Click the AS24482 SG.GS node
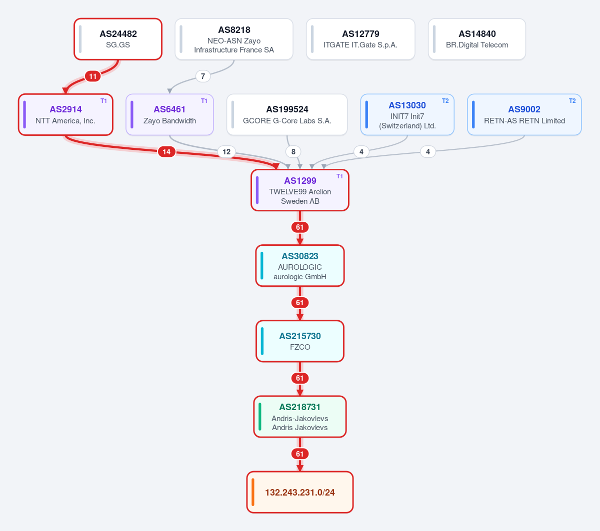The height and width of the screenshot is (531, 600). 118,39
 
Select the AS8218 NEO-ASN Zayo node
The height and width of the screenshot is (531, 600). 234,39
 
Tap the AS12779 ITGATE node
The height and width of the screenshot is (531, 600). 360,39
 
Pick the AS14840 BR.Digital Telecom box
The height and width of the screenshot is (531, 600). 477,39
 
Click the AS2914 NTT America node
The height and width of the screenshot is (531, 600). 65,114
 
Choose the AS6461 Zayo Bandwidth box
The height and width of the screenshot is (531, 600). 169,114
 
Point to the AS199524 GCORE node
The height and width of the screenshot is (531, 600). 287,114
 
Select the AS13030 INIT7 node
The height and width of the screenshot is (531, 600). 407,114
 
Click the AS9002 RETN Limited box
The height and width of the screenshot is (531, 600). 524,114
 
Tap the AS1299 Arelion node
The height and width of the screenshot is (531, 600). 300,190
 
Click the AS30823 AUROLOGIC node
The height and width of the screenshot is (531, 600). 300,265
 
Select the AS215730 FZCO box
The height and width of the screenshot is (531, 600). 300,341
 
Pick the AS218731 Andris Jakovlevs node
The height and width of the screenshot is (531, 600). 300,417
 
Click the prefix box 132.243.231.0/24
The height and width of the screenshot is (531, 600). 300,492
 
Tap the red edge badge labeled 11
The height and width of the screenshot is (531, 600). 92,76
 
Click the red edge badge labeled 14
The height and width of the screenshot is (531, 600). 166,152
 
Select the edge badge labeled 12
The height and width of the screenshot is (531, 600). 226,152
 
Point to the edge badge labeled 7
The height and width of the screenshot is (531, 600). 203,76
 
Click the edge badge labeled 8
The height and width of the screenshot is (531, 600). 293,152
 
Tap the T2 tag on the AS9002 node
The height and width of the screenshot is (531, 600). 572,101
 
